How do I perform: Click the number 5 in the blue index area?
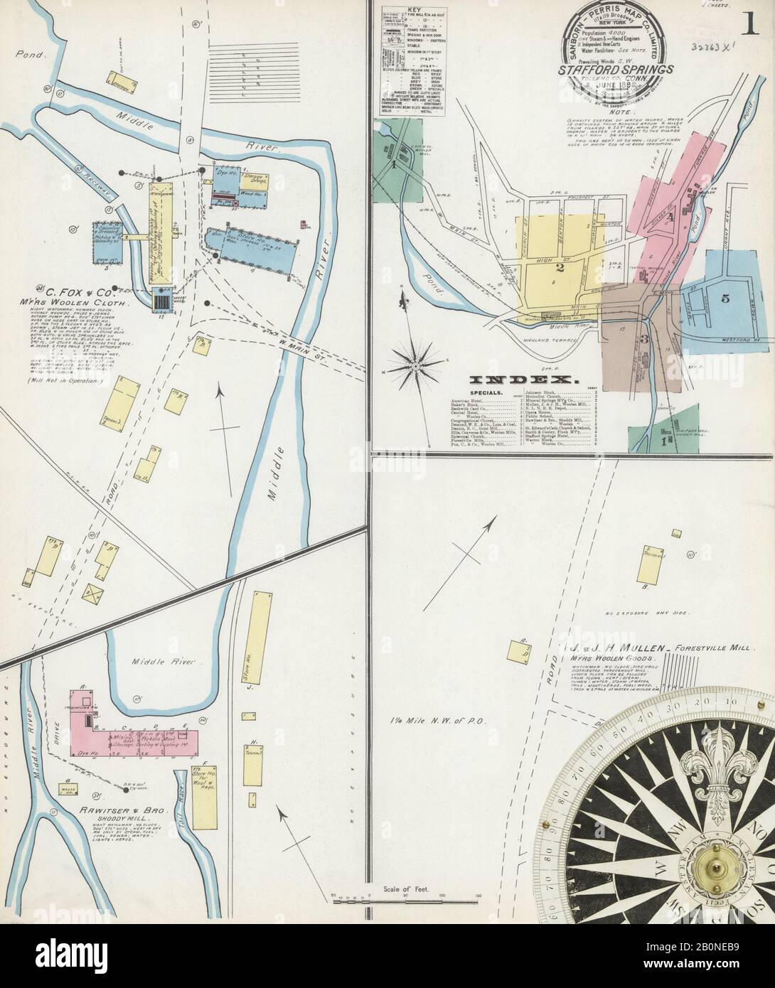point(725,299)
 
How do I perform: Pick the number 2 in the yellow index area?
point(560,269)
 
